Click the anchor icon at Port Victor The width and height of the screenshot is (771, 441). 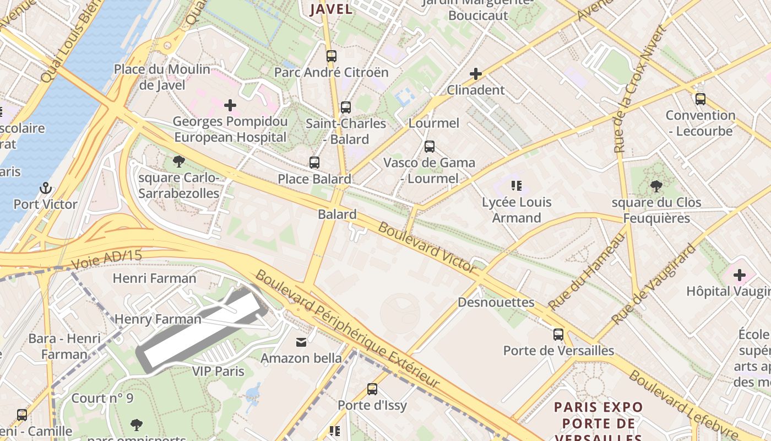[x=46, y=189]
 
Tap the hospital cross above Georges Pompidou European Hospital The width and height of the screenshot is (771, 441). [x=230, y=105]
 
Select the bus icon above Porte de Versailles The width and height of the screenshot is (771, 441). [x=558, y=334]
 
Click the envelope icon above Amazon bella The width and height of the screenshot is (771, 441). [x=301, y=342]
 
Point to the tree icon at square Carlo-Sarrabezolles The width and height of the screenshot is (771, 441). [x=178, y=162]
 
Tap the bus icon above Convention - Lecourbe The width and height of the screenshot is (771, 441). [x=700, y=99]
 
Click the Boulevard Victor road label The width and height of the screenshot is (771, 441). [x=427, y=248]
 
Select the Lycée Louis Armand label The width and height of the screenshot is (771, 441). [x=516, y=210]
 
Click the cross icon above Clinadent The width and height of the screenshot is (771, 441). [x=475, y=73]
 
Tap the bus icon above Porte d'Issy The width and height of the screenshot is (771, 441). [x=372, y=389]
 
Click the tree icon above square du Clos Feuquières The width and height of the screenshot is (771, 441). [x=656, y=186]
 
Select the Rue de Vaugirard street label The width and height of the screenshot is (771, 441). [x=654, y=285]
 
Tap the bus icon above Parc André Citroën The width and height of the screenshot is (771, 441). [x=331, y=56]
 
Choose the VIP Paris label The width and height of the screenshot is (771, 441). [x=218, y=371]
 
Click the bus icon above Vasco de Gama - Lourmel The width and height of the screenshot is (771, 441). [x=429, y=147]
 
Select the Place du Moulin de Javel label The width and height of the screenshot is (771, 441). [x=162, y=77]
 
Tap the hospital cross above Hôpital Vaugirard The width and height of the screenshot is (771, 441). [x=739, y=275]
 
